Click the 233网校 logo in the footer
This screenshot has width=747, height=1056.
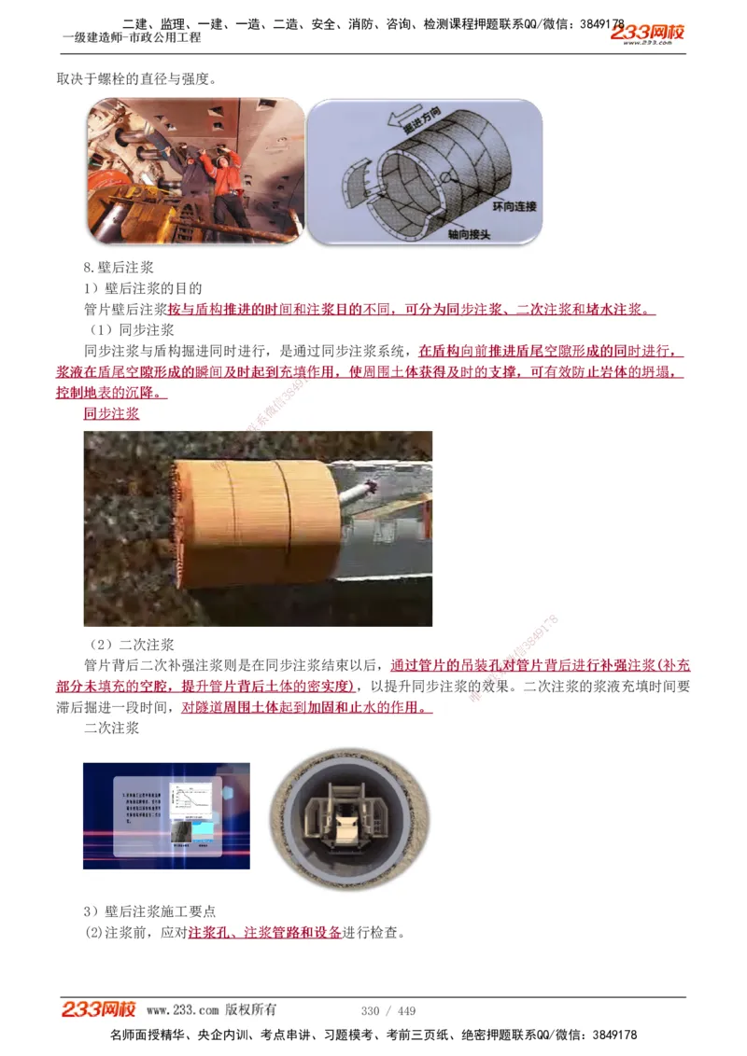pyautogui.click(x=99, y=1009)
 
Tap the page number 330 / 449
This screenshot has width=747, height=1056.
pyautogui.click(x=388, y=1010)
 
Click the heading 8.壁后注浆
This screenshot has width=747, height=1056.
pyautogui.click(x=119, y=268)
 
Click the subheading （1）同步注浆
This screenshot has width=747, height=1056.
pyautogui.click(x=132, y=330)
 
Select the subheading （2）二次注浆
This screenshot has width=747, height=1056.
pyautogui.click(x=132, y=645)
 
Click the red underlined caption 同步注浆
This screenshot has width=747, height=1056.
pyautogui.click(x=111, y=413)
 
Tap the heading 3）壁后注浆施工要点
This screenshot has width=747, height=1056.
pyautogui.click(x=150, y=910)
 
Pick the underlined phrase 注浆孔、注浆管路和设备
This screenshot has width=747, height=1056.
pyautogui.click(x=264, y=932)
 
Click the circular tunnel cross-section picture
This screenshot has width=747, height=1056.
pyautogui.click(x=343, y=817)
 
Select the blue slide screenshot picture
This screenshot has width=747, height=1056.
pyautogui.click(x=166, y=816)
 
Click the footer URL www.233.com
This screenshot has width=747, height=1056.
pyautogui.click(x=182, y=1010)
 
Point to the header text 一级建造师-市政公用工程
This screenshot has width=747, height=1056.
pyautogui.click(x=131, y=37)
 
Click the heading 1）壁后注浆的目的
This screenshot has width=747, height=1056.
pyautogui.click(x=143, y=288)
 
